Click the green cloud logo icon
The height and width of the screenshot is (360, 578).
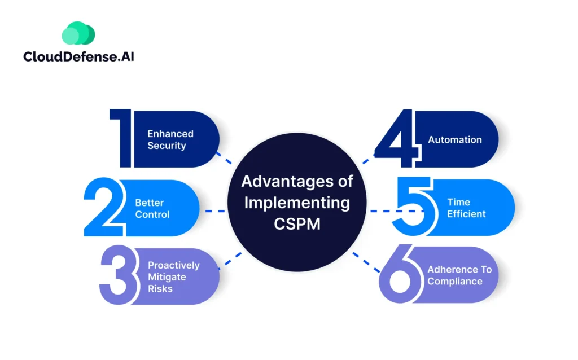[78, 34]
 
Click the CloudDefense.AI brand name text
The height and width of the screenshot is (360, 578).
[78, 57]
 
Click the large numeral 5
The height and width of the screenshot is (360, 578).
[413, 207]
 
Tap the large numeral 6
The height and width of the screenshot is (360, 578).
[400, 276]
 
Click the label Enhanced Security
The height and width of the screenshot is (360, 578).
[170, 139]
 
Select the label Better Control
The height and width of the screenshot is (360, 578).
[152, 208]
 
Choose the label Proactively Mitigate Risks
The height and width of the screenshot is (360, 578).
[174, 276]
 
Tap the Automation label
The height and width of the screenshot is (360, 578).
[455, 139]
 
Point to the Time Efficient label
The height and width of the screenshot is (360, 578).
[466, 208]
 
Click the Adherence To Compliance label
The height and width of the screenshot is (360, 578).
[459, 275]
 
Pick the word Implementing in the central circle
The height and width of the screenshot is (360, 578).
[297, 201]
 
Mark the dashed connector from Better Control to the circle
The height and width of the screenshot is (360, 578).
[216, 211]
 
